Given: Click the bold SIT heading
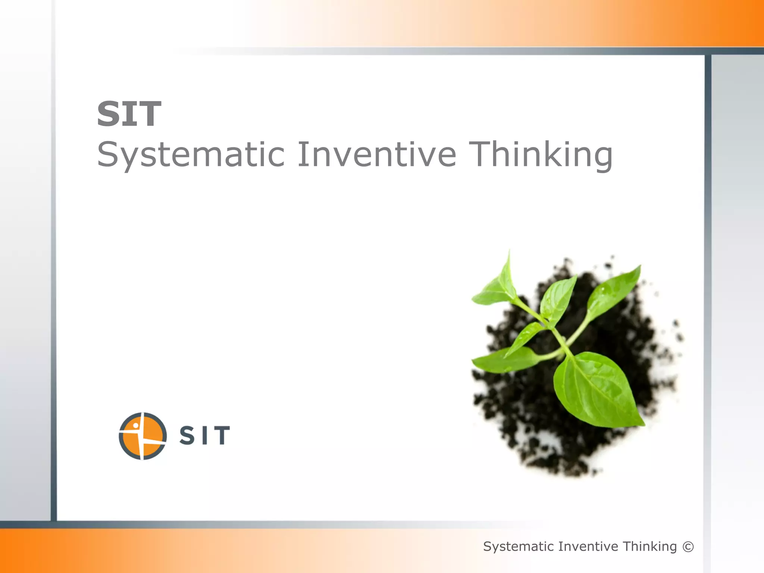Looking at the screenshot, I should pyautogui.click(x=129, y=114).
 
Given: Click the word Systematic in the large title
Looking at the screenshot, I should pyautogui.click(x=191, y=155).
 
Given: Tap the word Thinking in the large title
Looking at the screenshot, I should pyautogui.click(x=541, y=155).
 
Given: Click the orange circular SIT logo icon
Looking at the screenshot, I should pyautogui.click(x=143, y=436).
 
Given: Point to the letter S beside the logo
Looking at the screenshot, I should pyautogui.click(x=187, y=435).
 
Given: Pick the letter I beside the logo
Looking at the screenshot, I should pyautogui.click(x=204, y=435).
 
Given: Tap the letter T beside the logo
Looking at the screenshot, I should pyautogui.click(x=221, y=435).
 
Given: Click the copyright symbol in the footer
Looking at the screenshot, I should pyautogui.click(x=688, y=547).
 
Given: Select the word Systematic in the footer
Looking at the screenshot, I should pyautogui.click(x=519, y=547).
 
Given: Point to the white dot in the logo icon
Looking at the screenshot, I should pyautogui.click(x=136, y=425).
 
